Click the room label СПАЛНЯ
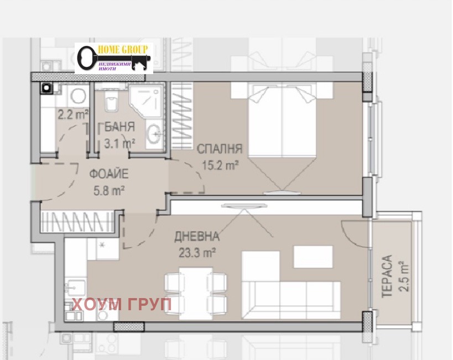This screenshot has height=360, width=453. (x=220, y=149)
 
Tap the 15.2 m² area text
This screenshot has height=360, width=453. (x=220, y=165)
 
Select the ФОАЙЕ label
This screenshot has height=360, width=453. (x=108, y=174)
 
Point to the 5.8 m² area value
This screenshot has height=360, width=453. (x=109, y=190)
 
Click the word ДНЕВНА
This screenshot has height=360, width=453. (x=197, y=236)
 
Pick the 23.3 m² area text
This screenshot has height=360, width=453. (x=197, y=253)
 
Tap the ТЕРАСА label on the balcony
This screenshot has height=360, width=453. (x=387, y=276)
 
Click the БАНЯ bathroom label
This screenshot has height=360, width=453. (x=117, y=127)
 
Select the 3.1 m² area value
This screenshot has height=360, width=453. (x=119, y=143)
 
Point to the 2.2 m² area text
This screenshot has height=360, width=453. (x=73, y=114)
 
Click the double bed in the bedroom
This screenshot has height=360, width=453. (x=282, y=120)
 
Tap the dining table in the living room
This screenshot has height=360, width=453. (x=196, y=293)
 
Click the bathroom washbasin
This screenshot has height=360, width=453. (x=154, y=134)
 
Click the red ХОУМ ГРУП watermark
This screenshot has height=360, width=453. (x=121, y=304)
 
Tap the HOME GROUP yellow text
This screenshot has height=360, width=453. (x=123, y=49)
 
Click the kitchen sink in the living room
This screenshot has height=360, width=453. (x=76, y=287)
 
